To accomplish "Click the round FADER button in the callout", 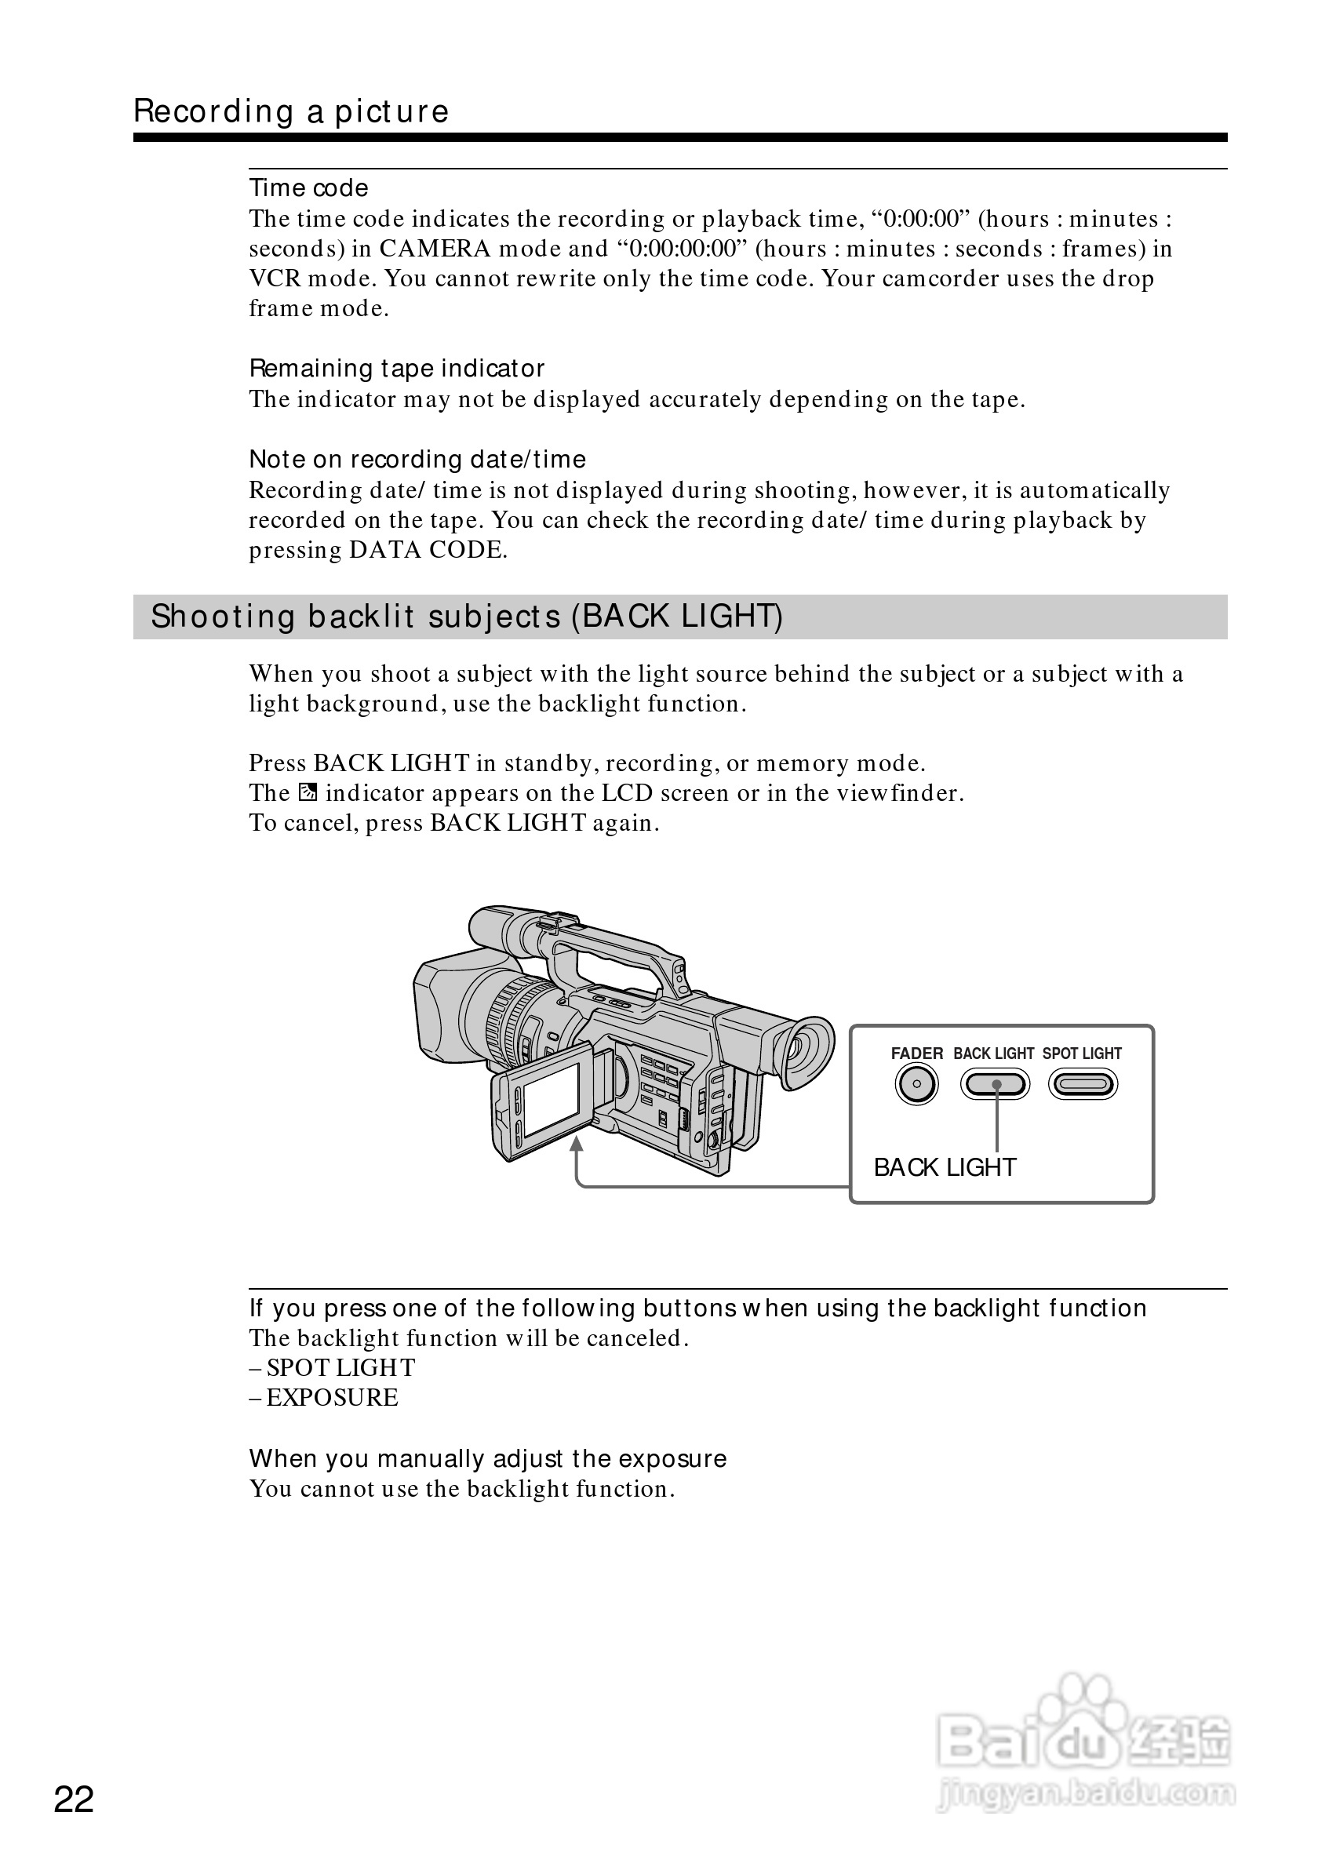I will pyautogui.click(x=916, y=1084).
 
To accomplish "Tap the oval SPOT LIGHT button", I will pyautogui.click(x=1083, y=1084).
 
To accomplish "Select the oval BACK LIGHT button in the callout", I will pyautogui.click(x=996, y=1084).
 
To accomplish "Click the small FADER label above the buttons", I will pyautogui.click(x=916, y=1053).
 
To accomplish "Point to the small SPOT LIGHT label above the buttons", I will pyautogui.click(x=1082, y=1053).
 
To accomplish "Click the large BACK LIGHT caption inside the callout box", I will pyautogui.click(x=945, y=1168).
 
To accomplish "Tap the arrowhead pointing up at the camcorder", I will pyautogui.click(x=577, y=1144).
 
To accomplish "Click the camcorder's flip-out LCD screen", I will pyautogui.click(x=552, y=1099).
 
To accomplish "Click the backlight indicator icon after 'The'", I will pyautogui.click(x=308, y=792).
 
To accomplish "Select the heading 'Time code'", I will pyautogui.click(x=308, y=187).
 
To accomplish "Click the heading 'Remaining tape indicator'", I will pyautogui.click(x=397, y=369).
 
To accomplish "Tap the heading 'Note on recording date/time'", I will pyautogui.click(x=417, y=460).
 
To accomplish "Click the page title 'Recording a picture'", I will pyautogui.click(x=291, y=111).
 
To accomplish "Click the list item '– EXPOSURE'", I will pyautogui.click(x=323, y=1398).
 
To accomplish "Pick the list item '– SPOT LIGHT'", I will pyautogui.click(x=332, y=1368).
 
